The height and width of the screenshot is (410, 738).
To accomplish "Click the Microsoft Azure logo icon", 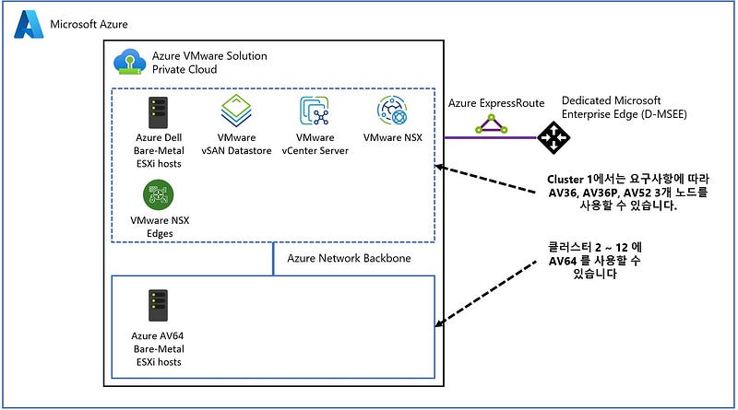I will (x=28, y=24).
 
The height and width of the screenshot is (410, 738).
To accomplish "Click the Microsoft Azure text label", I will (x=89, y=24).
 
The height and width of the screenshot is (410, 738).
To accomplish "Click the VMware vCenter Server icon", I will (x=315, y=112).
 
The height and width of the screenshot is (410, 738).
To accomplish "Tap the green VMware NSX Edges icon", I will (x=157, y=194).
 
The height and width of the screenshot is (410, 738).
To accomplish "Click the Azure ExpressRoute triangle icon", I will (x=491, y=123).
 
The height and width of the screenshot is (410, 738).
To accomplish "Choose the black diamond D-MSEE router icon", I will (x=554, y=137).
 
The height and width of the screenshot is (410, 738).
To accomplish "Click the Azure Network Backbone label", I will (x=349, y=258).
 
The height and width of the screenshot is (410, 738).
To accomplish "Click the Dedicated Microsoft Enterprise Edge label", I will (x=625, y=106).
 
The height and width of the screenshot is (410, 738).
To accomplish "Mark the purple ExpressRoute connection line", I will (x=470, y=138).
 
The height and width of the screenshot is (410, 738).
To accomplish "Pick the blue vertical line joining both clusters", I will (x=274, y=259).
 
